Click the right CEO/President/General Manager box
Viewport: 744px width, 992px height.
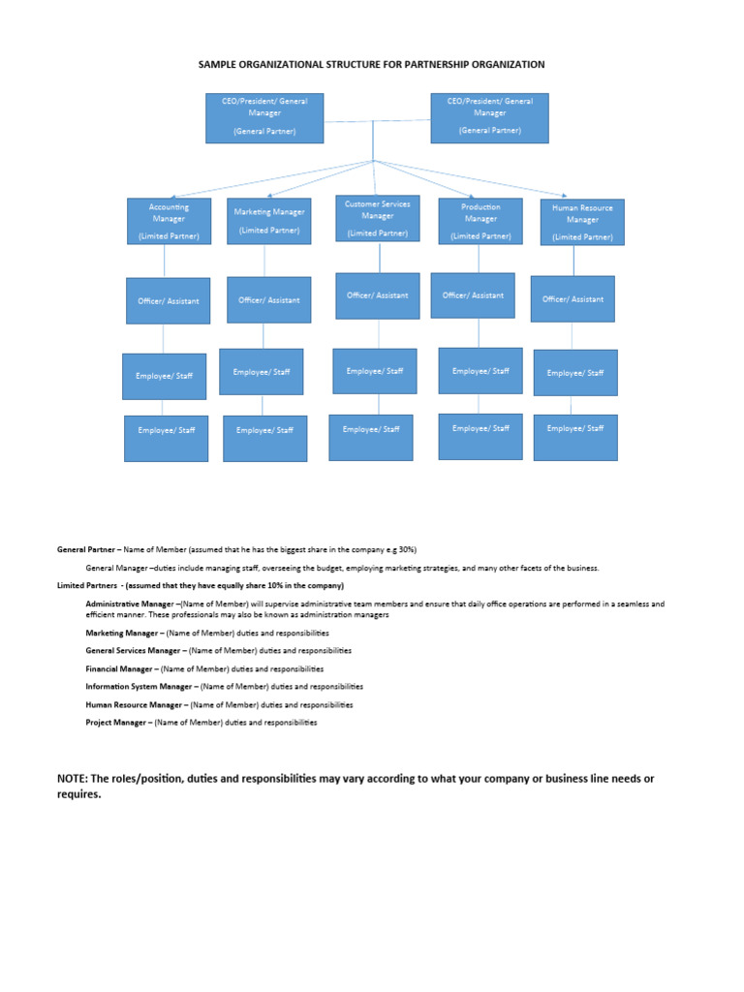[489, 118]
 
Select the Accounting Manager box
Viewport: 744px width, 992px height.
[169, 222]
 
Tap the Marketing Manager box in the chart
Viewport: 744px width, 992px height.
[269, 220]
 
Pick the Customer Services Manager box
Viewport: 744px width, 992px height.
[378, 218]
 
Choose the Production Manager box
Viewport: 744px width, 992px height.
[480, 221]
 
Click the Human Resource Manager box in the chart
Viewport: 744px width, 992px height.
[582, 222]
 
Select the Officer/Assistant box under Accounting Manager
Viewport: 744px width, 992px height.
[168, 300]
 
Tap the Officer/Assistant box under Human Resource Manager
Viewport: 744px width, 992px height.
[573, 299]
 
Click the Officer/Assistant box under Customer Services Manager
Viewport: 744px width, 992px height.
[378, 294]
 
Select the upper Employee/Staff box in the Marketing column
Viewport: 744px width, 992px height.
[262, 371]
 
